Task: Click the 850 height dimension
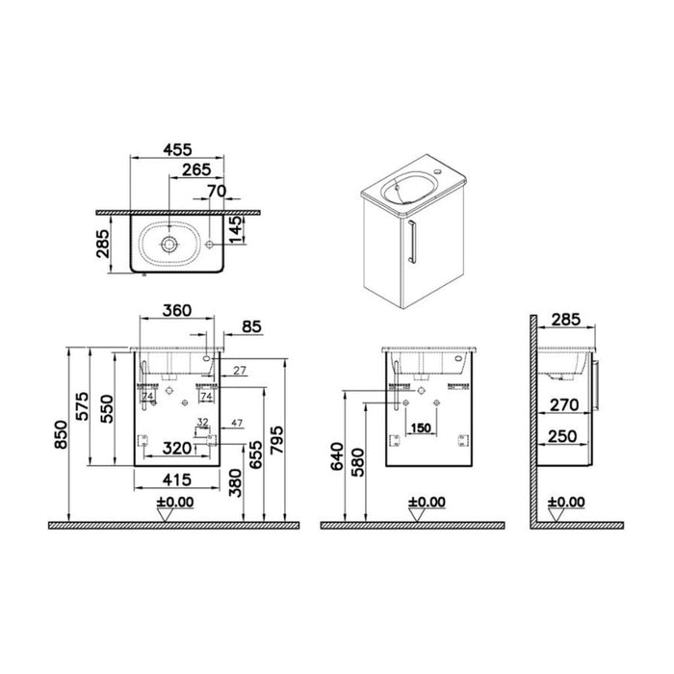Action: (x=63, y=435)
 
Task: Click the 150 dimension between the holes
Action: (x=421, y=428)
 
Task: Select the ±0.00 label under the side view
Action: (x=566, y=502)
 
